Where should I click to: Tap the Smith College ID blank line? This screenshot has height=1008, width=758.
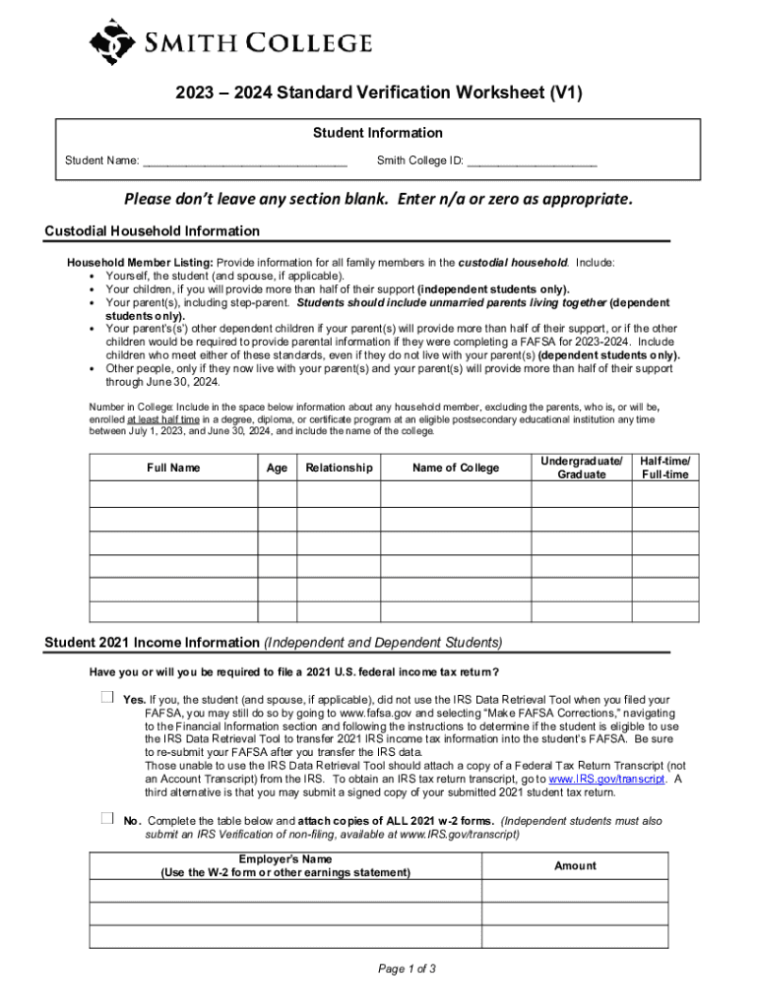click(532, 160)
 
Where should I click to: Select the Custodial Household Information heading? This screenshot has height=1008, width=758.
click(153, 231)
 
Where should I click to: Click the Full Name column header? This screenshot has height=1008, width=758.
click(173, 468)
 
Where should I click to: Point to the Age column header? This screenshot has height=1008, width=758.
click(278, 468)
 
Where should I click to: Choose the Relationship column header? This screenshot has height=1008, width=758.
click(339, 468)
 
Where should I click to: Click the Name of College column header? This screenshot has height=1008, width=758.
click(456, 468)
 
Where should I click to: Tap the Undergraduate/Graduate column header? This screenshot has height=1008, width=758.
click(581, 468)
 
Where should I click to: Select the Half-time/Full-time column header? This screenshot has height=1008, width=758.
click(665, 468)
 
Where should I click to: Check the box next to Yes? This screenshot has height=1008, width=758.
click(107, 698)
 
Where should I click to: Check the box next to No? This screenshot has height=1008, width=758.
click(107, 819)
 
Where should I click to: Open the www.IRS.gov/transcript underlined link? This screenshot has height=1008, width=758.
click(606, 779)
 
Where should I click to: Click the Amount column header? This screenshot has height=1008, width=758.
click(575, 865)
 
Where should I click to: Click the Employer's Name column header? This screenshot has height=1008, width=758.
click(285, 865)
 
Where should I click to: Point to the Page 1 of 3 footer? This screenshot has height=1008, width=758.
click(407, 969)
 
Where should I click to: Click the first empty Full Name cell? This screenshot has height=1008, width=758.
click(173, 494)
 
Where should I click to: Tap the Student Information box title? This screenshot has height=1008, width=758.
click(378, 133)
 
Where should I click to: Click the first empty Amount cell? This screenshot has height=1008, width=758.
click(575, 891)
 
